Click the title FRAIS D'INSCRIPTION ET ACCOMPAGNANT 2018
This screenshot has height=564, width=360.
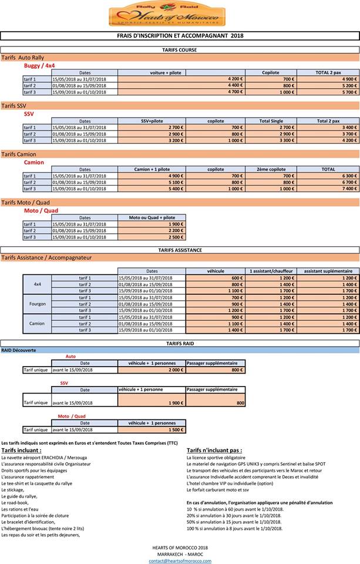[180, 36]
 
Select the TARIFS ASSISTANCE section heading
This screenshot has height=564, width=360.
[180, 250]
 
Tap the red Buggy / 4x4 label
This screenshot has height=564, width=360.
[39, 66]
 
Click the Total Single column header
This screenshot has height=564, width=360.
[271, 121]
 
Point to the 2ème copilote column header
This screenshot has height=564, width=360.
[271, 169]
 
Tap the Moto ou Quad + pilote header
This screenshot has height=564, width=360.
[152, 217]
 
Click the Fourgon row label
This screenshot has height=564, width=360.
[38, 304]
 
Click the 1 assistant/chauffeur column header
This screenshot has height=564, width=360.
[271, 271]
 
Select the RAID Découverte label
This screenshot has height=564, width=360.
[19, 350]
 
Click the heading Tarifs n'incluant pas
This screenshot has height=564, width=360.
[214, 450]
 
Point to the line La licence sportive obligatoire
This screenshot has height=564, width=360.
[216, 457]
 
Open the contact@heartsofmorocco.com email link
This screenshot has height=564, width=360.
[180, 560]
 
